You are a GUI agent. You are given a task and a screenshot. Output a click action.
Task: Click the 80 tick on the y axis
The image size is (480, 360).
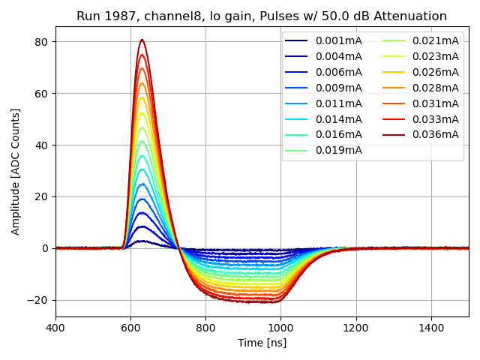point(42,42)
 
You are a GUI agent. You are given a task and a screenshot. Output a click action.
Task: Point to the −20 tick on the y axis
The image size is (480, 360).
point(38,300)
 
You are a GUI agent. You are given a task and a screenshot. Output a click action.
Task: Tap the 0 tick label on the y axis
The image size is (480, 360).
point(45,248)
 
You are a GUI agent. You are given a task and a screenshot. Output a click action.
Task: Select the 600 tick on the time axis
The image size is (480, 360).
point(130,328)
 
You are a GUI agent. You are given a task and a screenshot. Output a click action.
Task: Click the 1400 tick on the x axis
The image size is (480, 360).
point(431,328)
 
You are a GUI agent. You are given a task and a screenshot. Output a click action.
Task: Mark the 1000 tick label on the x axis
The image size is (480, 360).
point(280,328)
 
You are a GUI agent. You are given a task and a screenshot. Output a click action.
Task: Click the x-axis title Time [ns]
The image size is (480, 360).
point(262,343)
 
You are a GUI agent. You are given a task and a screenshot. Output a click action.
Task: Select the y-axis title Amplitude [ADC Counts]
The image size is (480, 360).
point(16,171)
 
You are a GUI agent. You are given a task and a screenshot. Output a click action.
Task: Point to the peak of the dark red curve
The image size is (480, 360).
point(142,40)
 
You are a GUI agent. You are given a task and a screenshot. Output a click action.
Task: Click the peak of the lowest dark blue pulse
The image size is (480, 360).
point(142,241)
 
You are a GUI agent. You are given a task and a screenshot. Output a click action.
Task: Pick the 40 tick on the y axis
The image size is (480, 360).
point(42,145)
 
